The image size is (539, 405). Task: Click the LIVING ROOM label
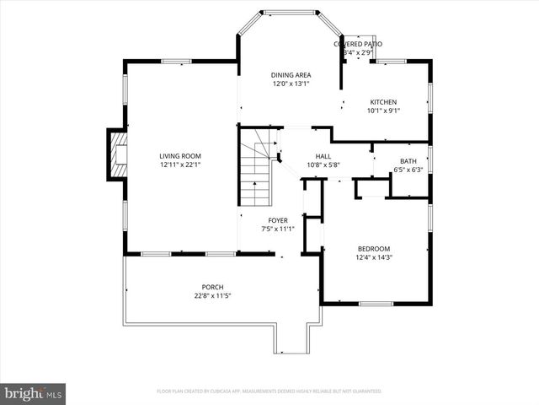180,155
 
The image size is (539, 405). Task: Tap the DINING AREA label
291,74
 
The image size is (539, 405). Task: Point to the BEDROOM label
374,248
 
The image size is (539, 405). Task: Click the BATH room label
408,161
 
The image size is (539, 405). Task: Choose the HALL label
323,157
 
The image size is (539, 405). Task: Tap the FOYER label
278,220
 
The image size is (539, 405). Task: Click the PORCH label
212,287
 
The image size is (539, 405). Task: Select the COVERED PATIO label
358,44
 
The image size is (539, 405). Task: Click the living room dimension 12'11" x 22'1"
180,165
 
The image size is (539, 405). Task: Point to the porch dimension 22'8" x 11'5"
212,296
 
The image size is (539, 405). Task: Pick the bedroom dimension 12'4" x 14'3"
374,257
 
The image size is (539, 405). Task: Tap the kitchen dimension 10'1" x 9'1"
382,111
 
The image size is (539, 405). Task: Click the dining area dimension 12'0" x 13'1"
291,84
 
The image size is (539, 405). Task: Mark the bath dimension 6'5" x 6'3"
408,170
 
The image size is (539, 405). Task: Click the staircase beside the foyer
255,174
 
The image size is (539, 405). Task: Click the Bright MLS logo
34,393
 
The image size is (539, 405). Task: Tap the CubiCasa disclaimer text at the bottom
269,391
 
